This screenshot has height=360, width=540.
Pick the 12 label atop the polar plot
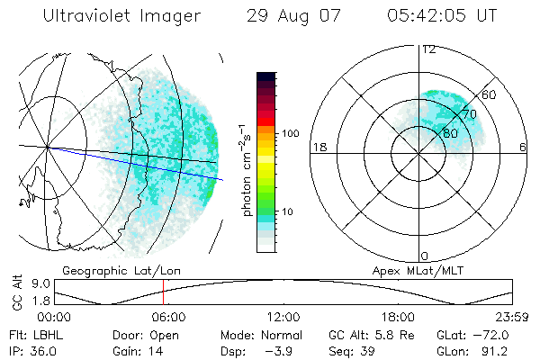428,49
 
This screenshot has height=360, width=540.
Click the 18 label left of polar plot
318,147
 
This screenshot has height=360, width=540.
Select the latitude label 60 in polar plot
489,94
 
